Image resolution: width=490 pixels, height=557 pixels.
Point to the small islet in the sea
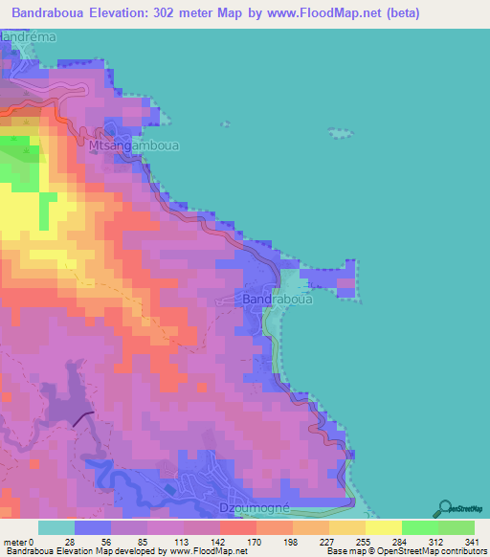coord(338,134)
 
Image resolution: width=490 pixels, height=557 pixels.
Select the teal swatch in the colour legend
coord(56,526)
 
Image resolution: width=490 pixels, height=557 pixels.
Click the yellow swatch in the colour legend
coord(384,526)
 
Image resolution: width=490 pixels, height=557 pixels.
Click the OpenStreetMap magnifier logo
coord(443,508)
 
